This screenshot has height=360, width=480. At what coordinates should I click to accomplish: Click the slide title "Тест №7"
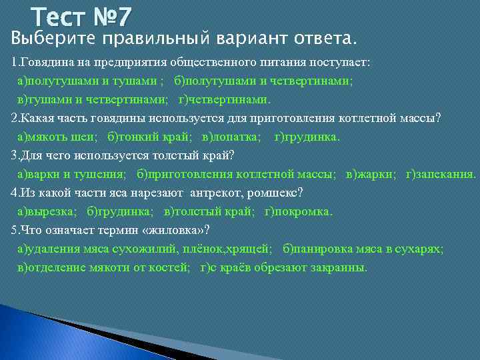tap(83, 15)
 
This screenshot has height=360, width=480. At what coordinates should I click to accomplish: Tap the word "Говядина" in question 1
tap(43, 63)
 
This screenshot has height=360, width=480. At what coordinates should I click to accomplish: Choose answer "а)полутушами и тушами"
tap(87, 81)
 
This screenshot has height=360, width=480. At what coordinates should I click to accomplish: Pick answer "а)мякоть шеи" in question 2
tap(57, 137)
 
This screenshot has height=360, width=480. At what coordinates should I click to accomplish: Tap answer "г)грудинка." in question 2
tap(307, 137)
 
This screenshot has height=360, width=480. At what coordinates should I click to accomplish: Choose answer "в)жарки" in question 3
tap(371, 174)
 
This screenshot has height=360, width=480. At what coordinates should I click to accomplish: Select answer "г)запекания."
tap(441, 174)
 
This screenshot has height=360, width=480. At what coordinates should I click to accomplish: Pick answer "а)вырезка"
tap(47, 211)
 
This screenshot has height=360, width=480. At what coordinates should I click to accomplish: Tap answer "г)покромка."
tap(298, 211)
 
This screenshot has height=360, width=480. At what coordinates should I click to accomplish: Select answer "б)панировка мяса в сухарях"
tap(363, 249)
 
